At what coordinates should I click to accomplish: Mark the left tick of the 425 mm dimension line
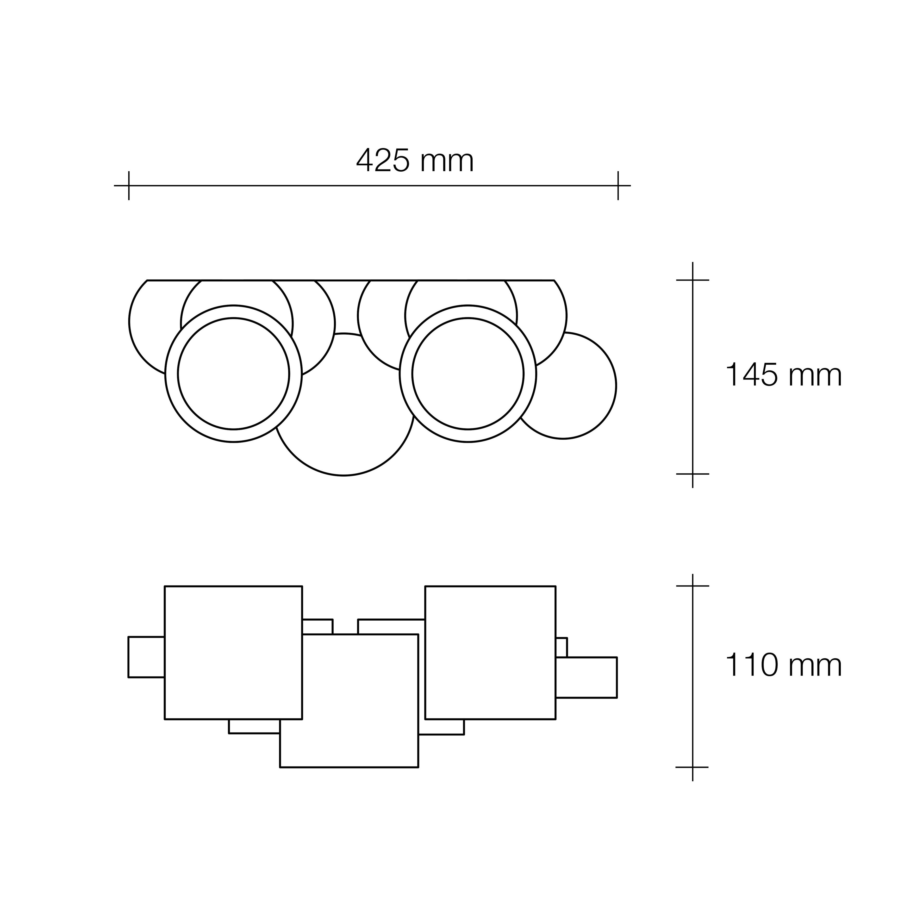point(129,185)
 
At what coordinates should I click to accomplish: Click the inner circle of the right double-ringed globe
point(468,374)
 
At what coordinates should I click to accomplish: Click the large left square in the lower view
point(233,652)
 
